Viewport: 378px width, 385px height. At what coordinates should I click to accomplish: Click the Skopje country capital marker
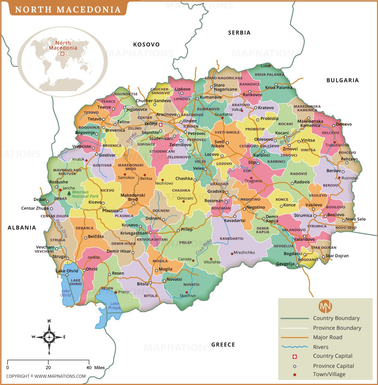161,124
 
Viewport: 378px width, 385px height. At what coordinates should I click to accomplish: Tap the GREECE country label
223,344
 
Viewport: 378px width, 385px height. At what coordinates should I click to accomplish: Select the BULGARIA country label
342,80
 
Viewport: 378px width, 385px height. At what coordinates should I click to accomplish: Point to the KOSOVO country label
146,44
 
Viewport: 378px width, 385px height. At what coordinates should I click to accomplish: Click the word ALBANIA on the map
22,228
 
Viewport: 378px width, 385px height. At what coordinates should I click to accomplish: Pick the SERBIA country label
239,33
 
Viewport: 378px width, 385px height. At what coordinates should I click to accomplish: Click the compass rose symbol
49,336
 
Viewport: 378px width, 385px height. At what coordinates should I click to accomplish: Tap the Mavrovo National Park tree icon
69,193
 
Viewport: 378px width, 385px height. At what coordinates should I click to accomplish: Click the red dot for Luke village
269,65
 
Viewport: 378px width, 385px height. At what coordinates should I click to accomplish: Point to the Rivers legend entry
320,347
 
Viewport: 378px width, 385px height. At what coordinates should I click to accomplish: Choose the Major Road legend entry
327,337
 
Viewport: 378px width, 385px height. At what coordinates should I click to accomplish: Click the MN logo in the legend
325,306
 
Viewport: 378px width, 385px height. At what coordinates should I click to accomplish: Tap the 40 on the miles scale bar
89,367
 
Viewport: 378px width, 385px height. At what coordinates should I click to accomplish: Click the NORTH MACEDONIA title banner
68,9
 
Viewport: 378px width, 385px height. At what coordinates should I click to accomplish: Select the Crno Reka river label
204,248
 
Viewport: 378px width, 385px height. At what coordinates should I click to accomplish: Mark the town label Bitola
143,284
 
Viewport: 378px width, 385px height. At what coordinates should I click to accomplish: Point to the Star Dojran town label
337,256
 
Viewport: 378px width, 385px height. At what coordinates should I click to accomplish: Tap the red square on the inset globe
62,53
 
